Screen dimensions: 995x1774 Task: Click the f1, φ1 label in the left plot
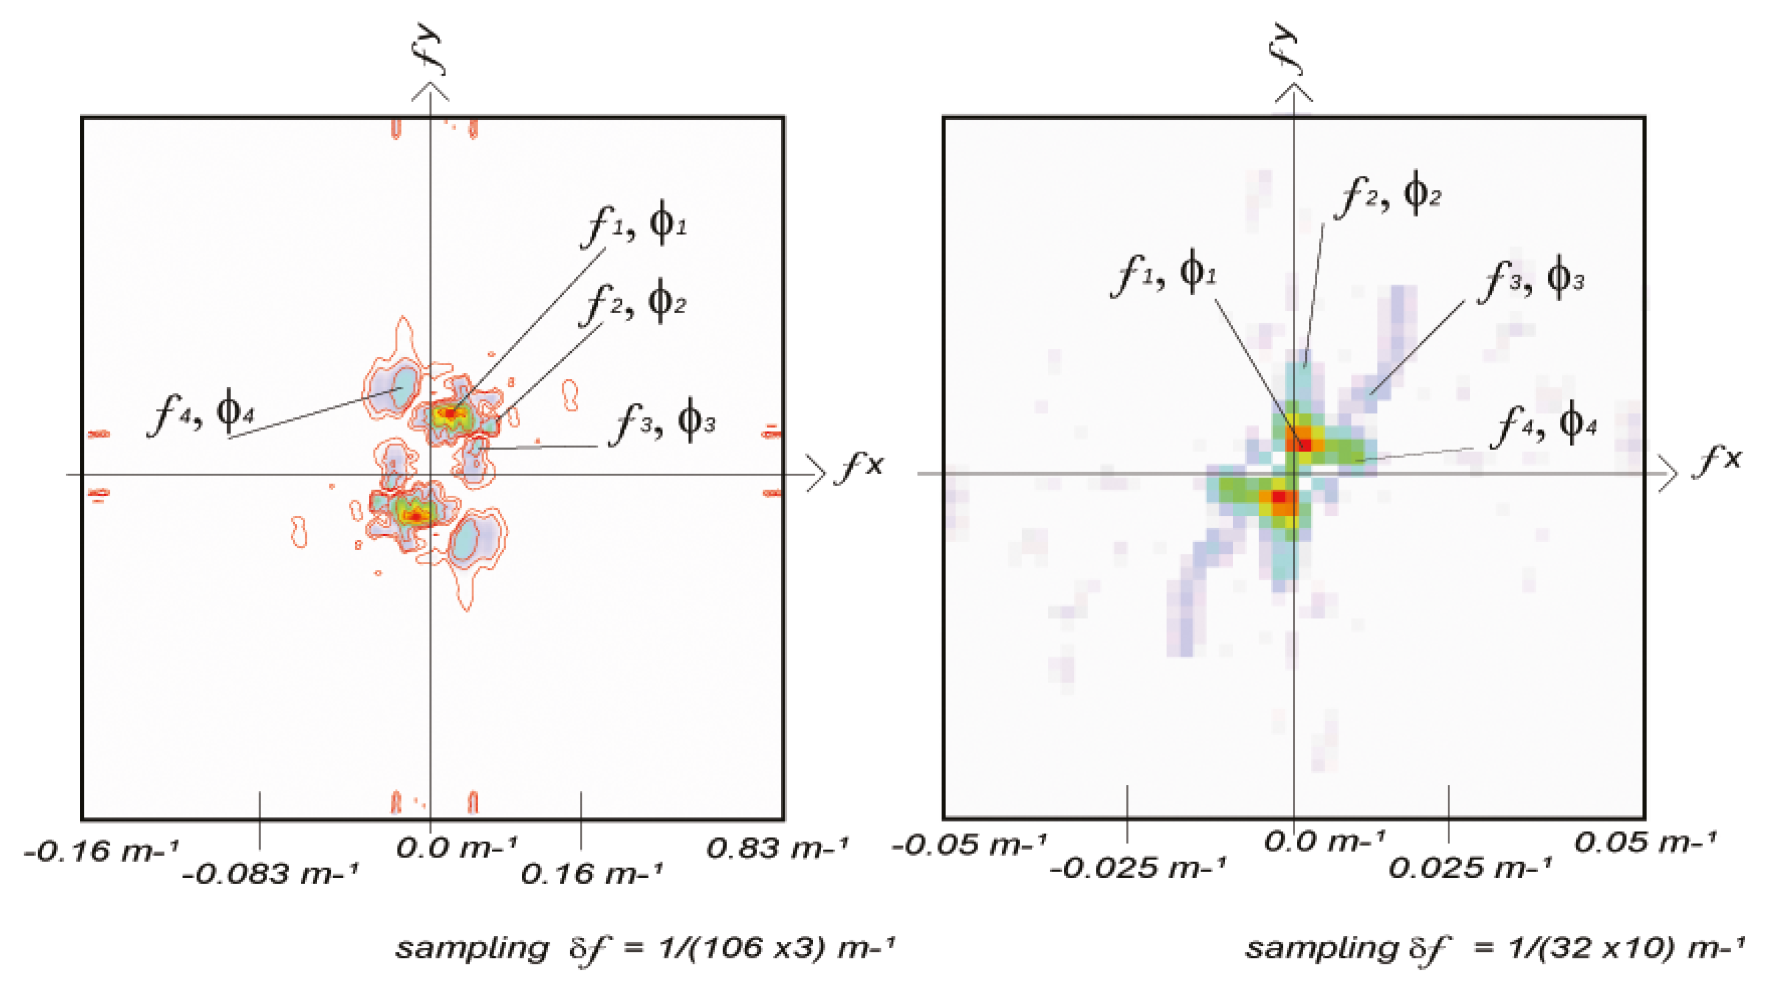(x=634, y=224)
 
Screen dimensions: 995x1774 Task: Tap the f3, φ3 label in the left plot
(x=664, y=421)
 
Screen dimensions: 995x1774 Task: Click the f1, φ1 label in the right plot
(x=1164, y=273)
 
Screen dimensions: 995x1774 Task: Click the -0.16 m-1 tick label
(x=100, y=852)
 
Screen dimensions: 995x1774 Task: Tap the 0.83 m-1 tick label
(x=777, y=848)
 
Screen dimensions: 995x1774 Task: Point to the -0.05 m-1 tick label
(x=968, y=844)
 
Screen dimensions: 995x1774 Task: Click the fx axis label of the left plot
(x=858, y=466)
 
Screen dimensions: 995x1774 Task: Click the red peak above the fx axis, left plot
(x=450, y=414)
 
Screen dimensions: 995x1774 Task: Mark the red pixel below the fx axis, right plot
(x=1278, y=496)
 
